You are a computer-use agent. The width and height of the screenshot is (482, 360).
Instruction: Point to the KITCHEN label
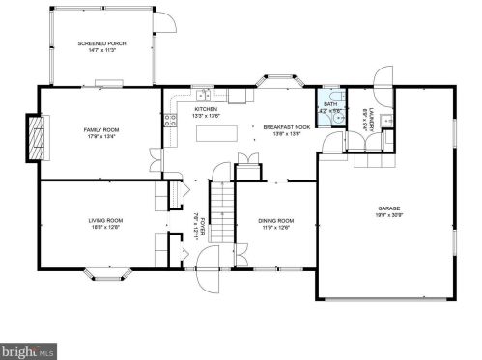coord(206,110)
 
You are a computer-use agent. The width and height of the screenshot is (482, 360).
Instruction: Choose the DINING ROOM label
coord(275,220)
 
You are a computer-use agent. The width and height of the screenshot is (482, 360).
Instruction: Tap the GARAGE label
coord(389,208)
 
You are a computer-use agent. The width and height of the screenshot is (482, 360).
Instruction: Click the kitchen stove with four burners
coord(169,121)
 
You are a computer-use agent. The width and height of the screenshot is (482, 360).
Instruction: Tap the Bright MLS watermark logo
coord(29,351)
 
